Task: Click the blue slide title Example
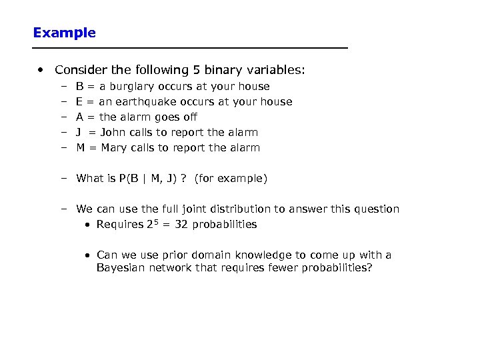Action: tap(64, 33)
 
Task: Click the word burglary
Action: tap(131, 87)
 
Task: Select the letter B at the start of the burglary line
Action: tap(80, 87)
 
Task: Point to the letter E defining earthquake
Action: tap(80, 102)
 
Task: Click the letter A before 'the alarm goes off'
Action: tap(80, 117)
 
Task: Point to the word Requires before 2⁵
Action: tap(119, 225)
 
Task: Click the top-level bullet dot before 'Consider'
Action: tap(41, 70)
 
